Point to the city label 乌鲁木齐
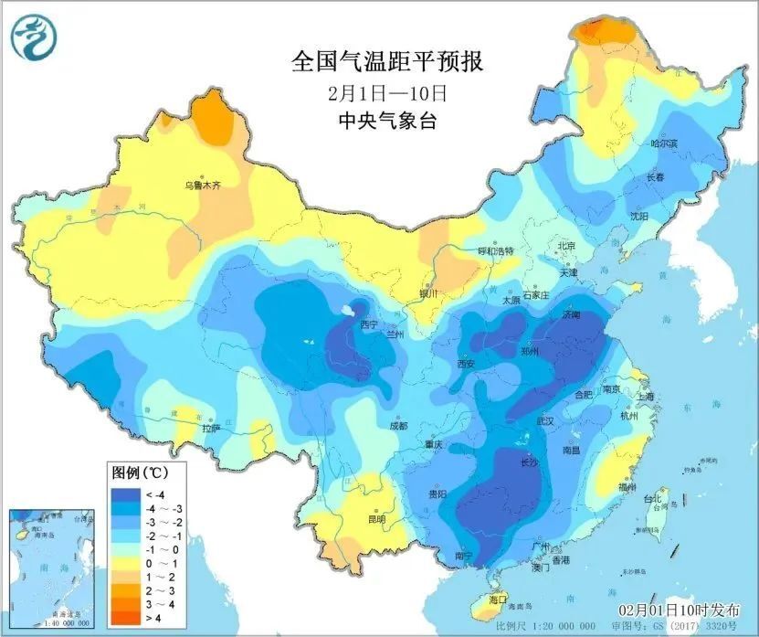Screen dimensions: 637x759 coord(202,185)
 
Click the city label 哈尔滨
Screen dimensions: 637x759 coord(663,143)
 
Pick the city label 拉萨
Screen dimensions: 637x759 coord(211,427)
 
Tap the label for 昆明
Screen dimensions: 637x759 coord(376,519)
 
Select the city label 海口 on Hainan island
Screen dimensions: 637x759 coord(497,600)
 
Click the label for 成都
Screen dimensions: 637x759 coord(397,426)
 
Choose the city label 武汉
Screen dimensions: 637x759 coord(546,421)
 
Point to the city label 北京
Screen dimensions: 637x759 coord(566,246)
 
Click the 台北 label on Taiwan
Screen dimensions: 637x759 coord(653,499)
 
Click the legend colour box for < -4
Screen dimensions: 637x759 coord(121,493)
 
